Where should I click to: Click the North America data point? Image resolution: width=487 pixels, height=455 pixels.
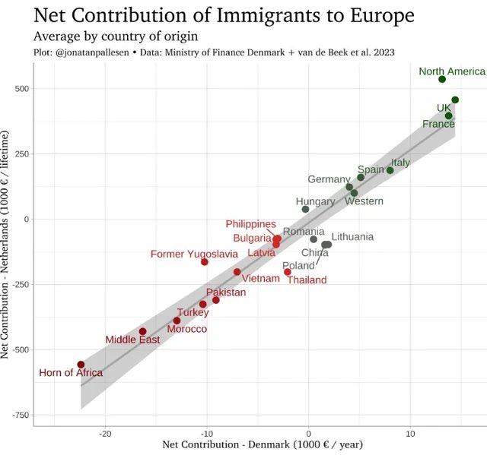point(442,79)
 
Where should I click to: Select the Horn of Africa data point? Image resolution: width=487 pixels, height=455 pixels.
point(81,365)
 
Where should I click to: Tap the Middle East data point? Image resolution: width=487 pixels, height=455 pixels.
point(142,331)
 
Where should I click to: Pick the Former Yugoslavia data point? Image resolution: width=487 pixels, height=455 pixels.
point(204,262)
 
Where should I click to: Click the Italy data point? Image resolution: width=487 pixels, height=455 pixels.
point(390,170)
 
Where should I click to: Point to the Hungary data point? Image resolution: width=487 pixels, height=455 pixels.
point(305,209)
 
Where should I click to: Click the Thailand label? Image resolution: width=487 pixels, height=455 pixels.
point(307,280)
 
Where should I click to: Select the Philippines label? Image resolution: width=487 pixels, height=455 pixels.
point(250,224)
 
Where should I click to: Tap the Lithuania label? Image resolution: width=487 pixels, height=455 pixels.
point(352,237)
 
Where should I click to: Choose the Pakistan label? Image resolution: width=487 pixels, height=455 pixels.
point(226,292)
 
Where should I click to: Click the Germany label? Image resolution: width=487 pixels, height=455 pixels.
point(329,179)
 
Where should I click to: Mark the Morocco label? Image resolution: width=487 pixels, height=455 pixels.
point(186,329)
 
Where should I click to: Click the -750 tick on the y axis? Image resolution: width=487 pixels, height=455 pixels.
point(19,416)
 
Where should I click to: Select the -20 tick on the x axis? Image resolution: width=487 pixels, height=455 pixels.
point(105,434)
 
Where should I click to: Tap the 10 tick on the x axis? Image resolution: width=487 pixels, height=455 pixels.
point(410,434)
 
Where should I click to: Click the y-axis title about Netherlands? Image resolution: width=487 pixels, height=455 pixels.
point(7,244)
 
